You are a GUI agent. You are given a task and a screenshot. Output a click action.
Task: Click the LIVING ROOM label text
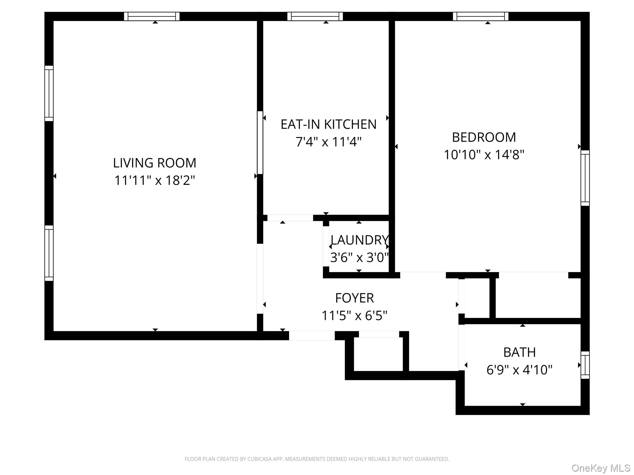click(154, 163)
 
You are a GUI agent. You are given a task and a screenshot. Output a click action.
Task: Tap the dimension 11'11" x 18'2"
click(154, 180)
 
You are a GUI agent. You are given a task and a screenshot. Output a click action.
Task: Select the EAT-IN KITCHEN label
click(328, 124)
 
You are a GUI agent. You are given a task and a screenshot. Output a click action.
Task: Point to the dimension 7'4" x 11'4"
click(328, 142)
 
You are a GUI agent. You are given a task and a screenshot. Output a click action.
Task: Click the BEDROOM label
click(484, 137)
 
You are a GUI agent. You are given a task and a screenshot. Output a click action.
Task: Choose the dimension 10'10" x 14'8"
click(484, 155)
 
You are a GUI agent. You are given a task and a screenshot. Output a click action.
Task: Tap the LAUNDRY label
click(359, 240)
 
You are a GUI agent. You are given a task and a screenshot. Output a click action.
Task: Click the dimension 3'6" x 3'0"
click(359, 257)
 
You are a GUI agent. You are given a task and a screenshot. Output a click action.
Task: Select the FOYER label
click(354, 298)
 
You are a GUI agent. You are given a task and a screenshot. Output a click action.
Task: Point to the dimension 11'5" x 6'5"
click(354, 316)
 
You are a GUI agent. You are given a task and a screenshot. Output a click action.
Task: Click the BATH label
click(519, 352)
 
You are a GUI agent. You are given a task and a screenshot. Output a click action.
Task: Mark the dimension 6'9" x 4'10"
click(519, 370)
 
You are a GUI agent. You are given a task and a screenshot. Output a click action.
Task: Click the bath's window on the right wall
click(585, 365)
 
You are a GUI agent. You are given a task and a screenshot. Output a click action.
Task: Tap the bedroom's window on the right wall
click(585, 178)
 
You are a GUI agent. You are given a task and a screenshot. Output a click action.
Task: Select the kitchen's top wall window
click(315, 16)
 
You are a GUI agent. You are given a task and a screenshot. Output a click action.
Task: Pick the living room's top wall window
click(152, 16)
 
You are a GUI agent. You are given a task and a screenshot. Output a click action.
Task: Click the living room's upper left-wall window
click(49, 93)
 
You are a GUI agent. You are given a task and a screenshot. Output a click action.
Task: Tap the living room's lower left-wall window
click(49, 253)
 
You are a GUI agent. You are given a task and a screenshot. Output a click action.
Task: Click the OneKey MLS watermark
click(601, 468)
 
